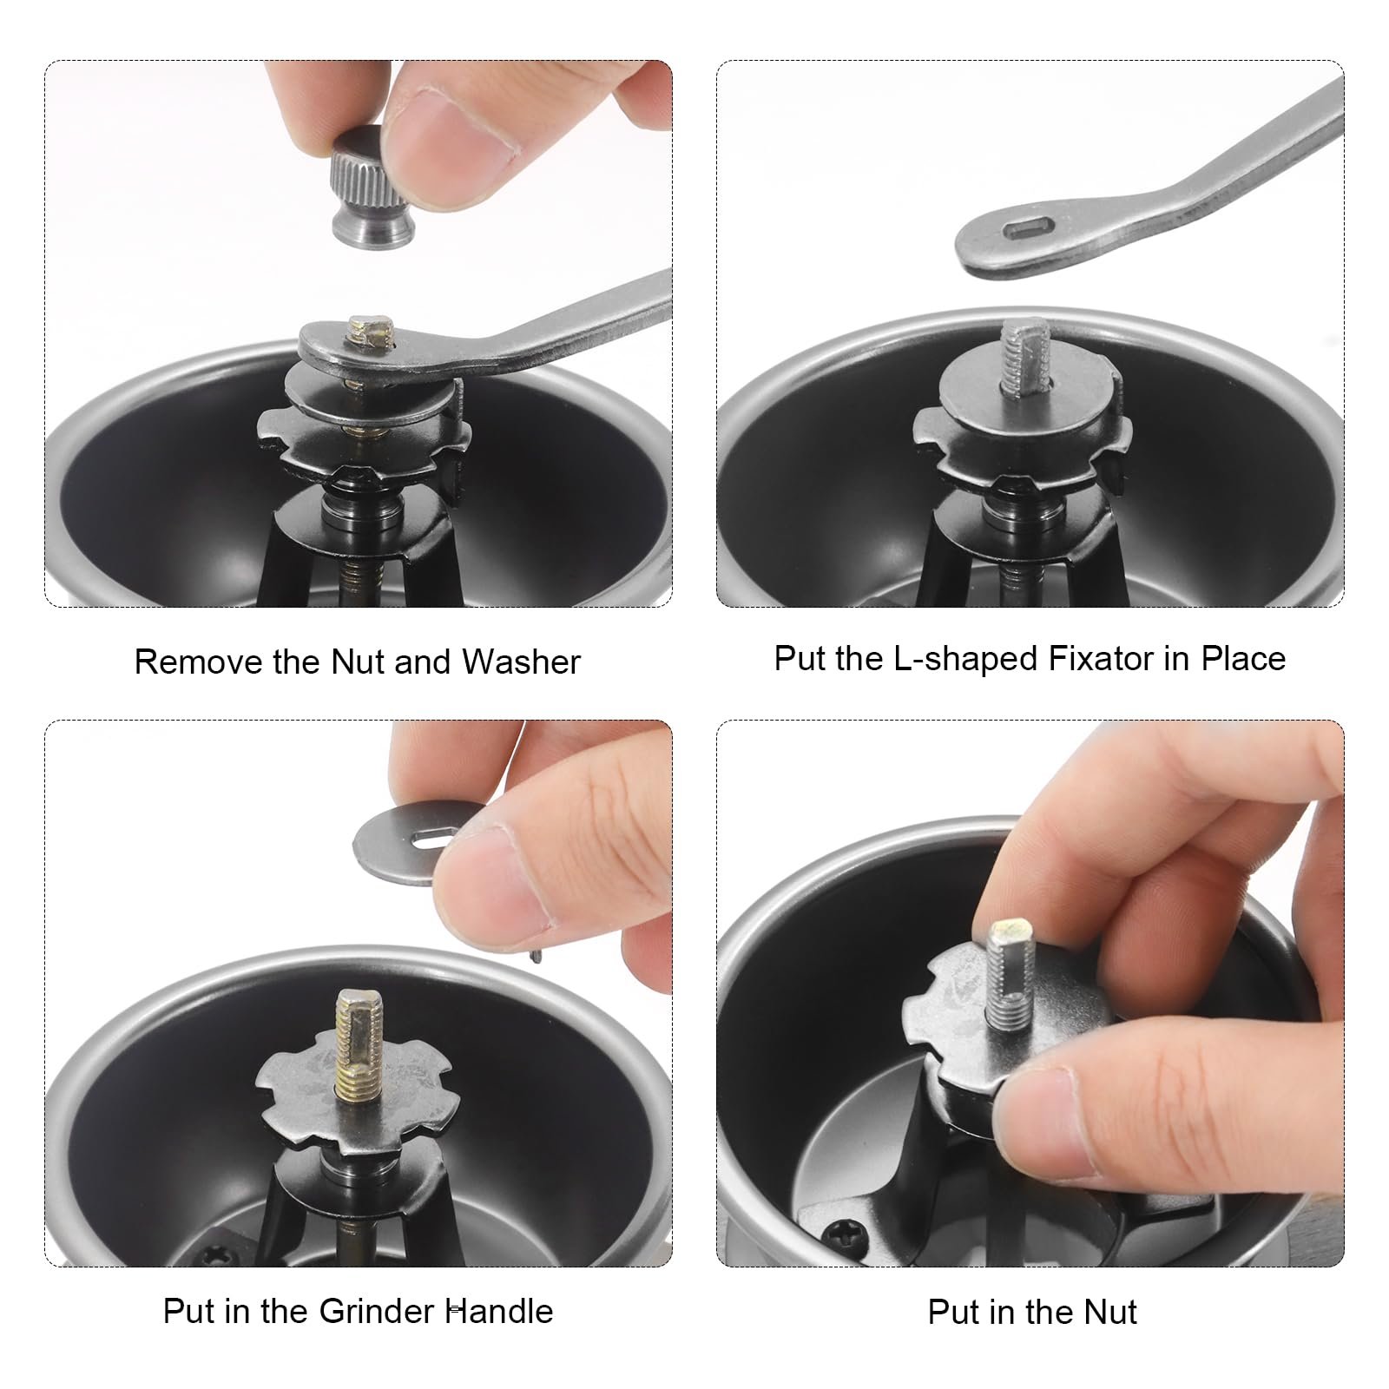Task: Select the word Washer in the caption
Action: click(x=521, y=662)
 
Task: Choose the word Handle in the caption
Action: click(x=499, y=1311)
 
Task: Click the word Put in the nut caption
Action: click(x=953, y=1312)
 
